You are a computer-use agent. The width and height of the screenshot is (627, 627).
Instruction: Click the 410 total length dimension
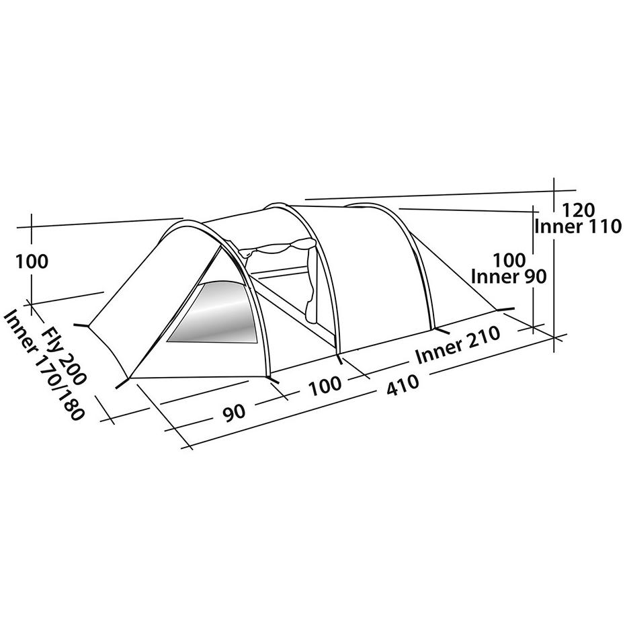[x=403, y=384]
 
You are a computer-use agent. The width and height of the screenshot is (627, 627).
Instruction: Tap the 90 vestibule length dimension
[x=235, y=412]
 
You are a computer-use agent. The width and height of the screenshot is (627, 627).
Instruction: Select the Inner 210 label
[x=458, y=345]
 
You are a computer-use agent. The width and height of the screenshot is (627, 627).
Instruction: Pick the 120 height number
[x=578, y=210]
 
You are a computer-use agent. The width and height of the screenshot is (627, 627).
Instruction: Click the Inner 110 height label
[x=578, y=226]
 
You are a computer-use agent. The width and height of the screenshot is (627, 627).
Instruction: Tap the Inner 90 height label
[x=509, y=276]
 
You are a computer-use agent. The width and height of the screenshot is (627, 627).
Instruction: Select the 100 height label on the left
[x=32, y=261]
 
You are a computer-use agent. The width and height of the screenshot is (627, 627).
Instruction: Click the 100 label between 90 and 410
[x=325, y=385]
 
